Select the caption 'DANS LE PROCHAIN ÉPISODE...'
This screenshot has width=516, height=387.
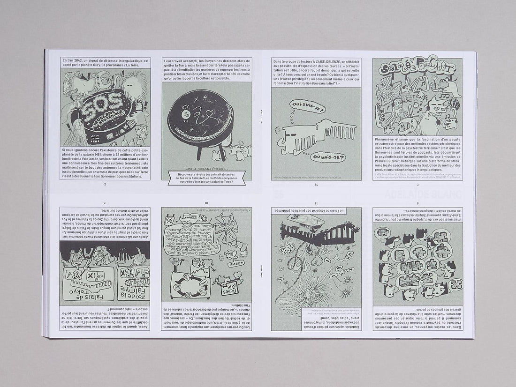pyautogui.click(x=206, y=168)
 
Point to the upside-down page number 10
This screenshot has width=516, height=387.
pyautogui.click(x=206, y=203)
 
